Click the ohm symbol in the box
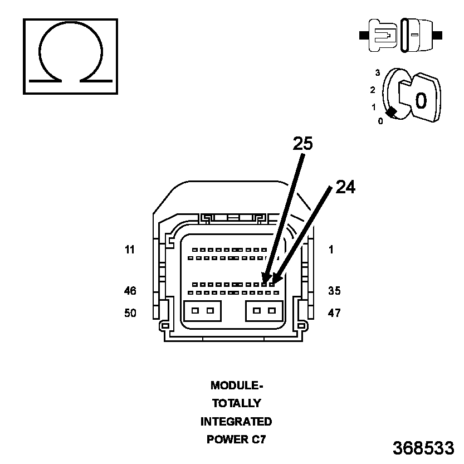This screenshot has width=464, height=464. click(x=70, y=56)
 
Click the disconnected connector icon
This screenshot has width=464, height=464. click(x=401, y=35)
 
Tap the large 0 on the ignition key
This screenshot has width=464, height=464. click(x=421, y=100)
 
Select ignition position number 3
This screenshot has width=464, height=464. click(x=377, y=73)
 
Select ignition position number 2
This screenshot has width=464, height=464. click(x=373, y=90)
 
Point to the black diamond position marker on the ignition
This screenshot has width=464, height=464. click(x=392, y=112)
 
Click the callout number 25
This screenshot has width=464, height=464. click(x=303, y=144)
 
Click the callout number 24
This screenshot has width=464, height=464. click(x=345, y=188)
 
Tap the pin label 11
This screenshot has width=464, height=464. click(x=130, y=250)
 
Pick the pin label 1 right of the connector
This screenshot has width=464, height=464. click(x=331, y=250)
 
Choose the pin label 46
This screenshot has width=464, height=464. click(x=130, y=291)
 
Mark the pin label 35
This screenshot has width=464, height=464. click(x=334, y=291)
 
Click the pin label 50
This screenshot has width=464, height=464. click(x=130, y=313)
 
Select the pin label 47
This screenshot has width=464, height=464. click(x=334, y=313)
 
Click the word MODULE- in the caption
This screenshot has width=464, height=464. click(x=236, y=385)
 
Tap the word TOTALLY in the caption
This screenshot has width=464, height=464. click(x=236, y=403)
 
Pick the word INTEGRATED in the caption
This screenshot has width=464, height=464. click(x=236, y=422)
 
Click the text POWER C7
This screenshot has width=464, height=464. click(x=236, y=439)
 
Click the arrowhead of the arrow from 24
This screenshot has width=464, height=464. click(x=275, y=280)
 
